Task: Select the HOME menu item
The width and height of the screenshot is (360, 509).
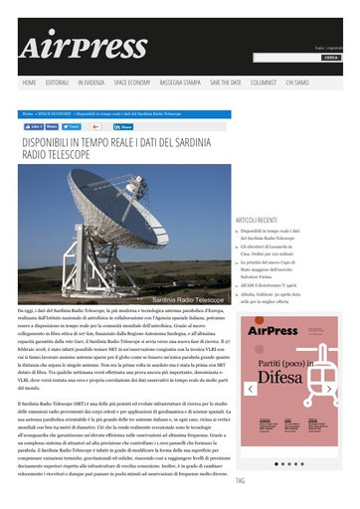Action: click(x=30, y=83)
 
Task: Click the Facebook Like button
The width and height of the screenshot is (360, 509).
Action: click(x=33, y=127)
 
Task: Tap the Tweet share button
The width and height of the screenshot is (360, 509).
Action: click(x=73, y=127)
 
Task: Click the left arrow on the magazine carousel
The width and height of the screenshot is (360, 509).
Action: click(x=251, y=389)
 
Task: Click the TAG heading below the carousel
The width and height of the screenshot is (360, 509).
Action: click(x=241, y=481)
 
